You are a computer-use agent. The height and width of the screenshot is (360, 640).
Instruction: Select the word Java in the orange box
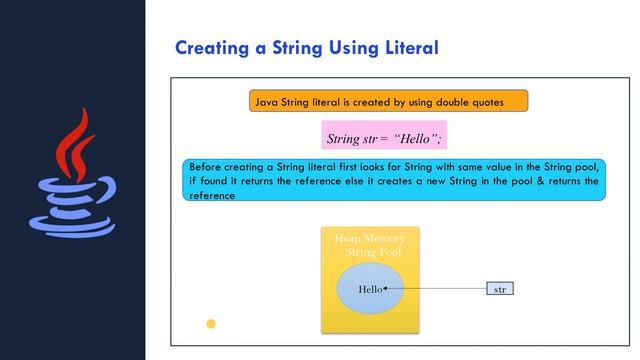coord(267,102)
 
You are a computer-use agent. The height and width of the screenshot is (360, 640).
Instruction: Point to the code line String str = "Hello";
coord(384,137)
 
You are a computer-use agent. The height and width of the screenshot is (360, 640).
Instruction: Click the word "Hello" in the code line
coord(417,137)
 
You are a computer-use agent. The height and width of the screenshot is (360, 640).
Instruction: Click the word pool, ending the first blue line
coord(584,167)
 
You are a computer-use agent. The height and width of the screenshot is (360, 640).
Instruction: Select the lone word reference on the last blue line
coord(212,196)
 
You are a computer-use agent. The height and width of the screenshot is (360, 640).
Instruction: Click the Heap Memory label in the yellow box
coord(370,239)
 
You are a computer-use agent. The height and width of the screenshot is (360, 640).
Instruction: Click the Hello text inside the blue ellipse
coord(370,289)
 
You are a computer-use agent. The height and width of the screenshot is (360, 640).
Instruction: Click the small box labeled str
coord(499,289)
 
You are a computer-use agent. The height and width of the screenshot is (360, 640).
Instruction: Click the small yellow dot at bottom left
coord(211,323)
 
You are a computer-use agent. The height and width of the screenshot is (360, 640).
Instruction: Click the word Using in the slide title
coord(330,48)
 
